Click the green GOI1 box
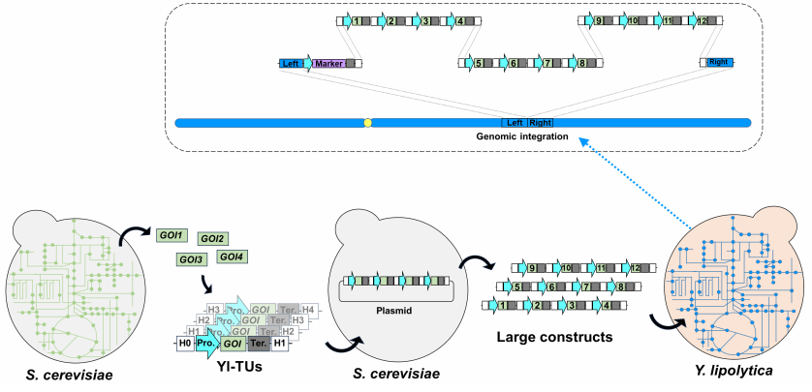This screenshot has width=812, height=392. pyautogui.click(x=171, y=233)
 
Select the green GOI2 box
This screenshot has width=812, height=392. pyautogui.click(x=212, y=238)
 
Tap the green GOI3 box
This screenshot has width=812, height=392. pyautogui.click(x=191, y=259)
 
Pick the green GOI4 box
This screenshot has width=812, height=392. pyautogui.click(x=233, y=256)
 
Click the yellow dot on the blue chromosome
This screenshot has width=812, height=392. pyautogui.click(x=367, y=123)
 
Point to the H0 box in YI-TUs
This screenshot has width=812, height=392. pyautogui.click(x=185, y=342)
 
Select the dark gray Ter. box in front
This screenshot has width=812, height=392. pyautogui.click(x=258, y=343)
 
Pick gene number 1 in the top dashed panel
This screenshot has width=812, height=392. pyautogui.click(x=358, y=20)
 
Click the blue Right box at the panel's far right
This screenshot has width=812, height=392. pyautogui.click(x=719, y=62)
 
